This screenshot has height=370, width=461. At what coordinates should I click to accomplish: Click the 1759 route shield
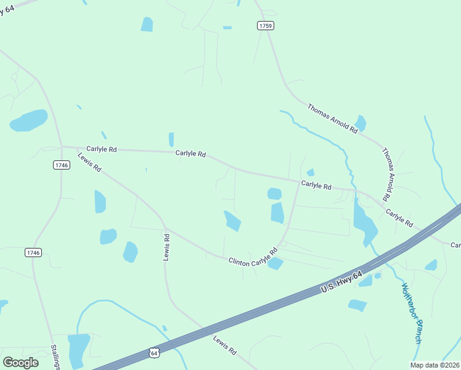(266, 25)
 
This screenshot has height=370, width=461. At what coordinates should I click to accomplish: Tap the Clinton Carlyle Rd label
(253, 257)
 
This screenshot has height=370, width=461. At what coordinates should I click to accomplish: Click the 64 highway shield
(154, 352)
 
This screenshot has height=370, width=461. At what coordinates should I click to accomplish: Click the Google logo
(21, 362)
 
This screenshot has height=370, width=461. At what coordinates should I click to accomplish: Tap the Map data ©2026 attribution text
(435, 364)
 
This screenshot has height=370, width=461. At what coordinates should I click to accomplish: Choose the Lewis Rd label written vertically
(166, 246)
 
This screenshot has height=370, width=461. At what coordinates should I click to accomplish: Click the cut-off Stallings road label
(55, 356)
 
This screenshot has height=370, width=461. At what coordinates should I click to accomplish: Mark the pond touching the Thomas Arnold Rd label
(360, 123)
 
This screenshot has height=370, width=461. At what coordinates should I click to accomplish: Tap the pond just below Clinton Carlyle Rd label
(275, 264)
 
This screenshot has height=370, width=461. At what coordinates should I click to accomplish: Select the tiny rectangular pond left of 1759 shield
(227, 28)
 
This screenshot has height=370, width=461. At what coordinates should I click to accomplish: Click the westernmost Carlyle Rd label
(102, 149)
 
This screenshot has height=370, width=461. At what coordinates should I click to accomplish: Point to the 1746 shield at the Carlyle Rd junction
(61, 165)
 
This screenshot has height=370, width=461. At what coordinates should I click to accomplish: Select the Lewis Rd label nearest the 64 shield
(224, 345)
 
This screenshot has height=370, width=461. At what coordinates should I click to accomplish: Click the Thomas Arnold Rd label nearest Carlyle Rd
(387, 175)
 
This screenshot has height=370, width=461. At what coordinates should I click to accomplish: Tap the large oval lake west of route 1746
(28, 120)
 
